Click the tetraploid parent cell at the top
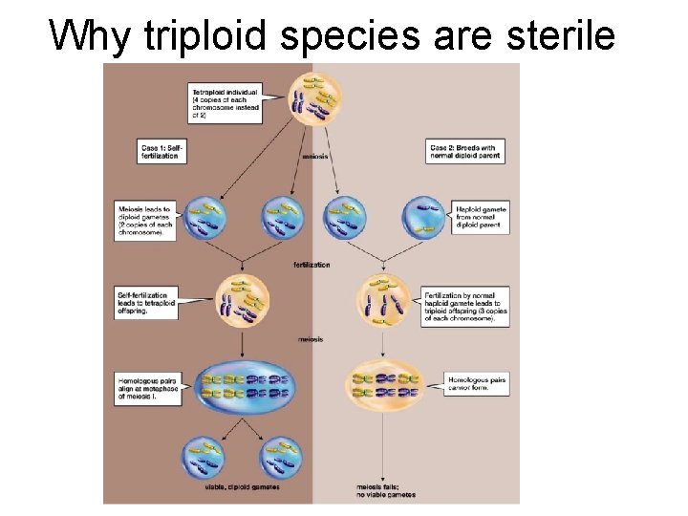315,97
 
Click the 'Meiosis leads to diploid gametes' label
145,219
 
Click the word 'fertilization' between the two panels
312,265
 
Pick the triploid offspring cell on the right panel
383,303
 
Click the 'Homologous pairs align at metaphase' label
145,385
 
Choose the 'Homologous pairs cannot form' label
477,384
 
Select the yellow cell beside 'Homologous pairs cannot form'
383,384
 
